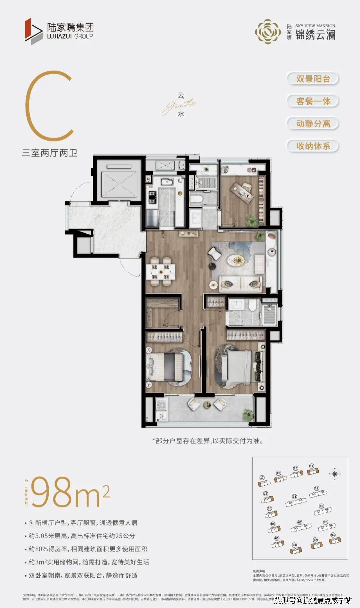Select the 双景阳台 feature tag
point(313,79)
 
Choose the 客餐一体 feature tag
point(313,101)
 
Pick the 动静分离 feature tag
point(313,124)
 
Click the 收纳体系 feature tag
point(313,146)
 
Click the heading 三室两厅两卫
point(50,153)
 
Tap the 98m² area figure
point(70,492)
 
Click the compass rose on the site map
point(335,473)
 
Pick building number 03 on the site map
point(294,550)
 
